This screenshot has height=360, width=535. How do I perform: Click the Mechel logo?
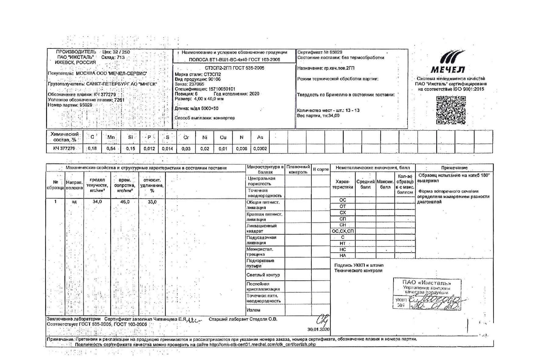[448, 63]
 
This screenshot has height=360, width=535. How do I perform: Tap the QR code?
[451, 110]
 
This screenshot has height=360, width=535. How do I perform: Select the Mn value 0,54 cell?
[111, 149]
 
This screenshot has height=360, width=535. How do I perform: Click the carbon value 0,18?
[92, 149]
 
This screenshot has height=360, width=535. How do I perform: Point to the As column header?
[260, 137]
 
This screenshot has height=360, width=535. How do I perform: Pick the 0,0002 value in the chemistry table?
[260, 149]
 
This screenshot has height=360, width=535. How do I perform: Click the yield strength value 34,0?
[97, 202]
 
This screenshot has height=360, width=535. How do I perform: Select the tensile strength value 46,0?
[125, 202]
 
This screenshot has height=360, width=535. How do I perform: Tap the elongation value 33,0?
[152, 202]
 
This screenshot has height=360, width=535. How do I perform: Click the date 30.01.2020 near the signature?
[318, 329]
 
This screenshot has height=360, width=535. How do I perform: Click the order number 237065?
[196, 84]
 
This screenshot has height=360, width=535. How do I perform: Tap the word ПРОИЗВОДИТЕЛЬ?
[76, 52]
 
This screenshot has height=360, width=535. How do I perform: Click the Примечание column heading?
[454, 168]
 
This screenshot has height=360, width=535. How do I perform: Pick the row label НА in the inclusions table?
[343, 256]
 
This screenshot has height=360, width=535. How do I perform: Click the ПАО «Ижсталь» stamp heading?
[427, 283]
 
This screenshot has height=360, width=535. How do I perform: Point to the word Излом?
[253, 310]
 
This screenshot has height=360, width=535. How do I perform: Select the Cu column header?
[223, 137]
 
